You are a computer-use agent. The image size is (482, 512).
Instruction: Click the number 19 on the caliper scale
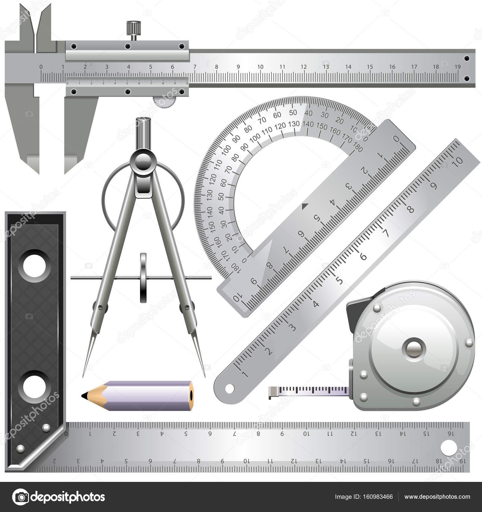click(x=458, y=67)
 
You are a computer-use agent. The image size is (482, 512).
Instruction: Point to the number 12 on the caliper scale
click(x=304, y=67)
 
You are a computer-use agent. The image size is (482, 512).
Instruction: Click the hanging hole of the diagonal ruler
click(x=230, y=389)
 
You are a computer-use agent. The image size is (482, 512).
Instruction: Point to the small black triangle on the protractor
click(x=305, y=206)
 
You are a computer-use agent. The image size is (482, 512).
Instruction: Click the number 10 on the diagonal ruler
click(x=457, y=161)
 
